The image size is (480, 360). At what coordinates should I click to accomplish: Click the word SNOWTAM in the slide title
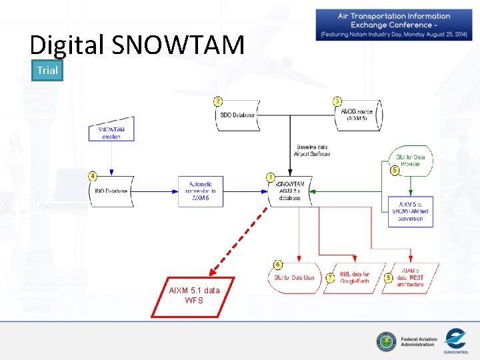pyautogui.click(x=178, y=45)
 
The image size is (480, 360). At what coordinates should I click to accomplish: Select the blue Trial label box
pyautogui.click(x=47, y=70)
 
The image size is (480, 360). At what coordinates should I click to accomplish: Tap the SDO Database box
pyautogui.click(x=238, y=115)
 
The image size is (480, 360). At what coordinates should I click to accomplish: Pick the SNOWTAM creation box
pyautogui.click(x=111, y=132)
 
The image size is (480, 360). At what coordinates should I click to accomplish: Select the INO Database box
pyautogui.click(x=111, y=191)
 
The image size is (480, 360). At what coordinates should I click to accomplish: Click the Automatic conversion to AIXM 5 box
pyautogui.click(x=201, y=191)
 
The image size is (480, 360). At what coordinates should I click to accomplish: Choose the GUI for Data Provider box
pyautogui.click(x=411, y=161)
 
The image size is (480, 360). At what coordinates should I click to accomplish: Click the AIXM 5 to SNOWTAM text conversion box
pyautogui.click(x=411, y=211)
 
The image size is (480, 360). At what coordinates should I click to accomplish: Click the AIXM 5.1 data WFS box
pyautogui.click(x=193, y=295)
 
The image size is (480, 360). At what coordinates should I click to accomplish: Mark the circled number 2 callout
pyautogui.click(x=218, y=101)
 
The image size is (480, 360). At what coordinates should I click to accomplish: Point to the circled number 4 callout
pyautogui.click(x=93, y=176)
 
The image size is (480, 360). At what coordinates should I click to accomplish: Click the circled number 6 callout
pyautogui.click(x=277, y=265)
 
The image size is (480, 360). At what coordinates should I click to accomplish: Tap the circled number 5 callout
pyautogui.click(x=395, y=171)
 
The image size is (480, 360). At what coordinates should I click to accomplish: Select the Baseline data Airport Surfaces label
pyautogui.click(x=312, y=151)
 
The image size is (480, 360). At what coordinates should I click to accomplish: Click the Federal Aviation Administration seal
pyautogui.click(x=385, y=342)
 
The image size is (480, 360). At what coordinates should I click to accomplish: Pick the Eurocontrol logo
pyautogui.click(x=455, y=339)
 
